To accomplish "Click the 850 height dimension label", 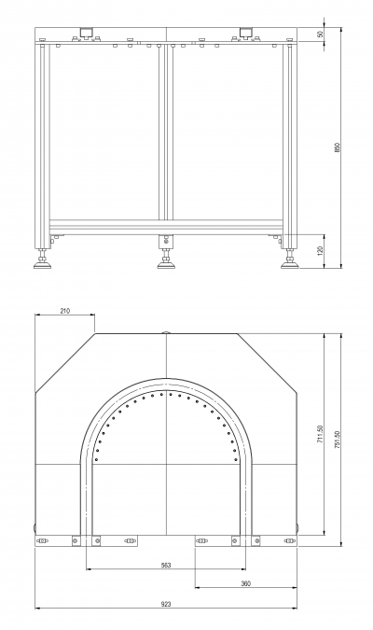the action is (338, 147).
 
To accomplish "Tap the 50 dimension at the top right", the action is (321, 34).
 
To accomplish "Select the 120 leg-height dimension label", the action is (321, 251).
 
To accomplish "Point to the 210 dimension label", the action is (64, 311).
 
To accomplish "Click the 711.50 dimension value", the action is (321, 434).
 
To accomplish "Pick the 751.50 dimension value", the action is (338, 440).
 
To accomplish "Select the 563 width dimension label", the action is (166, 565).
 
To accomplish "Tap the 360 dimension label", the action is (246, 583).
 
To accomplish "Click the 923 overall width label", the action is (166, 604).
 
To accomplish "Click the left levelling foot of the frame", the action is (42, 259).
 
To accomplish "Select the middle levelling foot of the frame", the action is (165, 259).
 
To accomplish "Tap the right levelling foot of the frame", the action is (289, 259).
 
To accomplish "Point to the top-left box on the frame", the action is (87, 32).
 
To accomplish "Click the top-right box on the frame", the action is (245, 32).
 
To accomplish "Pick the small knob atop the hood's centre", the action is (166, 332).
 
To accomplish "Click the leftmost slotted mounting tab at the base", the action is (42, 540).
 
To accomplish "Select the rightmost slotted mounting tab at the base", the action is (289, 540).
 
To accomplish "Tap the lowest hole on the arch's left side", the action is (96, 459).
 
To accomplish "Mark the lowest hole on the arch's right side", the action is (235, 459).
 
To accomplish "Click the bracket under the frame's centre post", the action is (166, 241).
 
